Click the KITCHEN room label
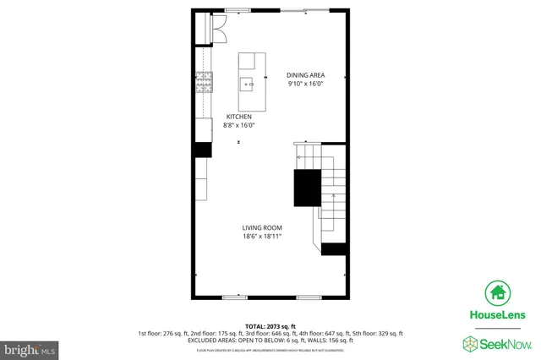coord(238,117)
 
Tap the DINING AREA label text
coord(305,74)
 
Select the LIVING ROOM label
coord(262,228)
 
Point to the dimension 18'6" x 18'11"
coord(262,237)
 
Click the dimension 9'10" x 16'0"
coord(305,84)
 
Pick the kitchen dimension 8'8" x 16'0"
coord(238,125)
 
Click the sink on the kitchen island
coord(249,83)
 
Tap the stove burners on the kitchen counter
coord(204,81)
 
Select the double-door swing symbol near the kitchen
coord(218,31)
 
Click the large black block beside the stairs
coord(307,188)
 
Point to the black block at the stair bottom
coord(335,248)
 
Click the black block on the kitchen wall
coord(203,150)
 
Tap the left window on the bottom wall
coord(235,297)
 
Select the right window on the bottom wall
coord(309,297)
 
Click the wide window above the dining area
coord(305,10)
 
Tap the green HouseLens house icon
coord(496,292)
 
